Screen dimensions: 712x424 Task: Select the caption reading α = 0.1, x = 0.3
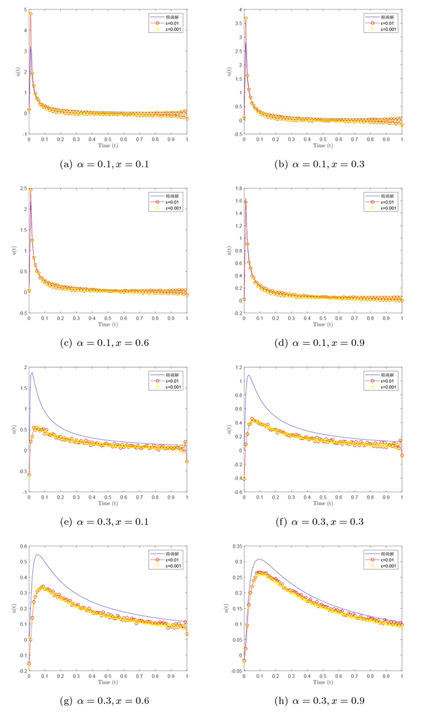point(319,165)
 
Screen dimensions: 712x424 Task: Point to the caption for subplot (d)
point(319,343)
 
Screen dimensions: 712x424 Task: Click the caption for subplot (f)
point(319,521)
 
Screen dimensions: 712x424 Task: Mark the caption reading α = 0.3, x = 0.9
point(319,701)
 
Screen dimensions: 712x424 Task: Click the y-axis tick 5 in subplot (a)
point(23,10)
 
